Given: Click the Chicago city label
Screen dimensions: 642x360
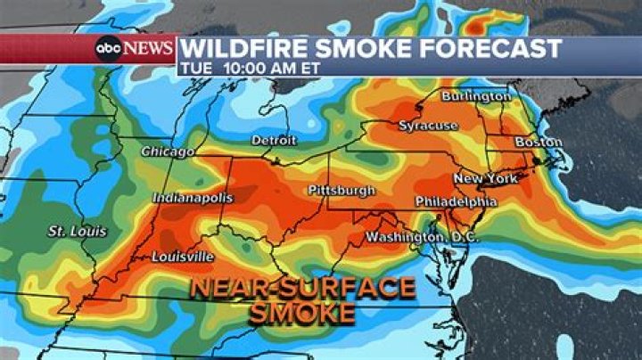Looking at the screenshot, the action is (167, 152).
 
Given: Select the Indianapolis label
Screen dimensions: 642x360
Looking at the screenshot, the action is (193, 198).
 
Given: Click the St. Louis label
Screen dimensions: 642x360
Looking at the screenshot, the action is (77, 232).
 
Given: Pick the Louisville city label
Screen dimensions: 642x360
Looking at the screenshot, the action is (182, 257).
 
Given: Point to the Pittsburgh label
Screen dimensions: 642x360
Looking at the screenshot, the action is (341, 191).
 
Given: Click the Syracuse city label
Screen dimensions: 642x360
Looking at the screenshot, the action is (428, 126).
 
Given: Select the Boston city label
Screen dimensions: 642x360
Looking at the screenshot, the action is (538, 143).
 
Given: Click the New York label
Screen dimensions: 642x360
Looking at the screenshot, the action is (485, 179).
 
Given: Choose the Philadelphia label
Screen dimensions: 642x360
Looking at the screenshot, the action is (456, 202).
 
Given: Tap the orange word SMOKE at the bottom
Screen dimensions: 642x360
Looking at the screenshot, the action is (302, 314).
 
